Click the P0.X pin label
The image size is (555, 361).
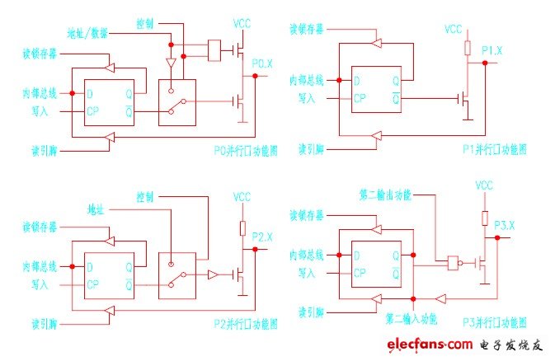(x=261, y=63)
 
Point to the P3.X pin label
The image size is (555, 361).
(x=492, y=225)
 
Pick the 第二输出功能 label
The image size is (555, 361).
(x=386, y=196)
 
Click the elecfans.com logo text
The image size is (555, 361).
(x=429, y=343)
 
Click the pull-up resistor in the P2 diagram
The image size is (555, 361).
(x=242, y=227)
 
